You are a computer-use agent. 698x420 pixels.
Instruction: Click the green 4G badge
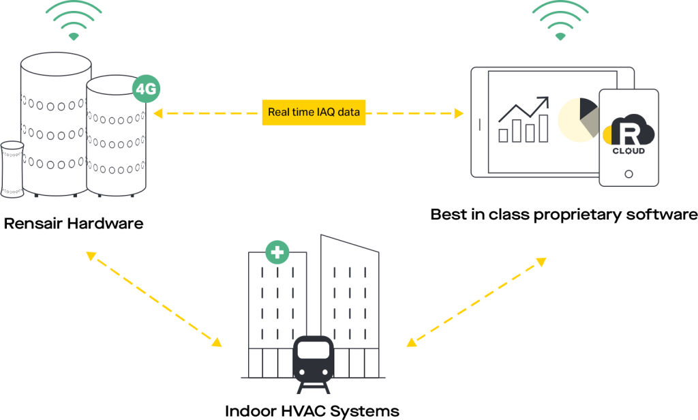(x=147, y=89)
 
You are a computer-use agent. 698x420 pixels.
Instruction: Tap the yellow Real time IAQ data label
(x=314, y=112)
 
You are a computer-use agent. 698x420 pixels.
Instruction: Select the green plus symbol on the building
(x=277, y=252)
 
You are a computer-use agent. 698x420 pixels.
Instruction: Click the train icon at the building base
(x=314, y=362)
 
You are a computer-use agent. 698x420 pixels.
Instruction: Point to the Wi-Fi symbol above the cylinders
(x=74, y=20)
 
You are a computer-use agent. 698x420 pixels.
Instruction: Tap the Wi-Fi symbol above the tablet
(x=560, y=20)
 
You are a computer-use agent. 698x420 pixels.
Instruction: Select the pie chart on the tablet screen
(x=579, y=119)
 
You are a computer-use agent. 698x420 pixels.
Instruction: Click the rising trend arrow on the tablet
(x=524, y=109)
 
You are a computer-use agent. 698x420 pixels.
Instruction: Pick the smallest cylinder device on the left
(x=12, y=170)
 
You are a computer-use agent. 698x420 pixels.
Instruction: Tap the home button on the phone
(x=628, y=174)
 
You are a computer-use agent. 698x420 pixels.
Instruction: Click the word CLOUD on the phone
(x=628, y=151)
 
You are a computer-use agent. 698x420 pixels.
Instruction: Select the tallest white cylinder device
(x=56, y=126)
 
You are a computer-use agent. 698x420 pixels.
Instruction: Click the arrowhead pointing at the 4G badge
(x=158, y=113)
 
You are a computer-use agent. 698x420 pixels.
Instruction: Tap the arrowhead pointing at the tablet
(x=459, y=113)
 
